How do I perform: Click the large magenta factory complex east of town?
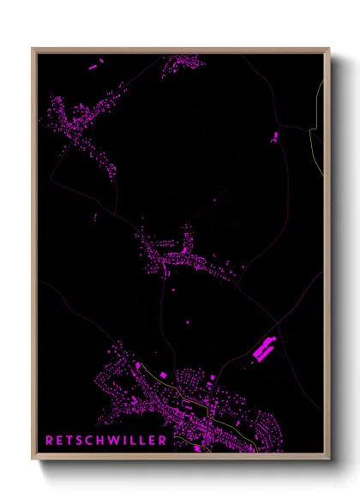click(264, 349)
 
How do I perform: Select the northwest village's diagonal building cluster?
click(86, 124)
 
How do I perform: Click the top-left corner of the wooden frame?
click(33, 49)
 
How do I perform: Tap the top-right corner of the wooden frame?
click(328, 49)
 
